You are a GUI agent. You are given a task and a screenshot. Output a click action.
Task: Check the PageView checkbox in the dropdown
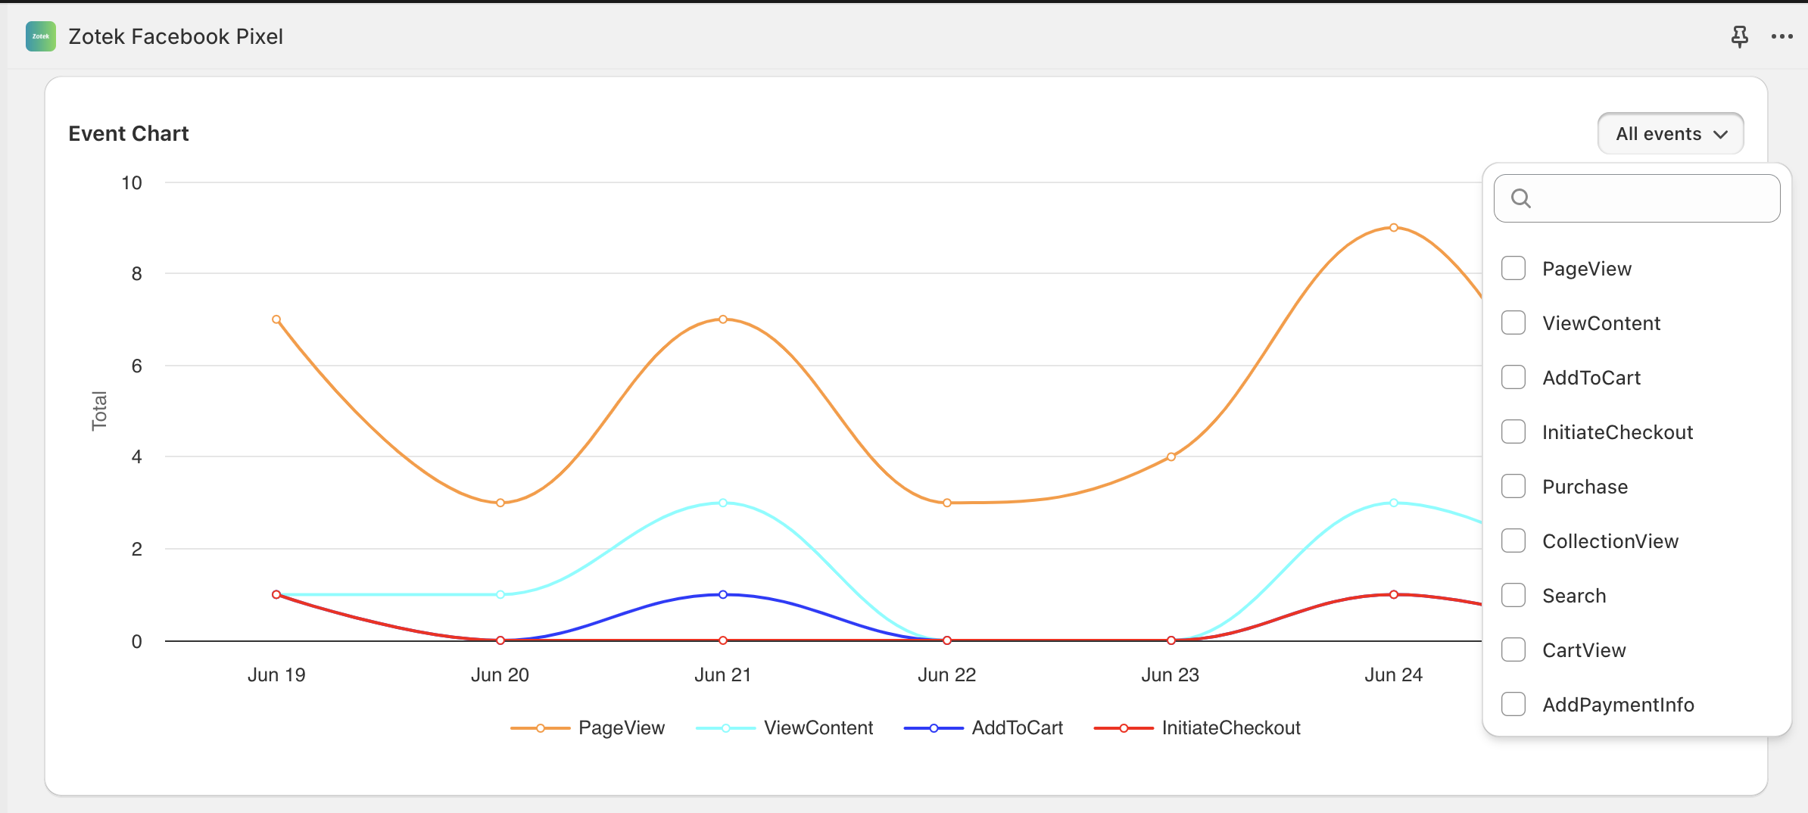1513,268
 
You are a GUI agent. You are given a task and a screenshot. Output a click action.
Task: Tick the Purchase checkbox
1513,486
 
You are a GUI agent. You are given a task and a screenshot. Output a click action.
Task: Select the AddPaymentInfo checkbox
1513,704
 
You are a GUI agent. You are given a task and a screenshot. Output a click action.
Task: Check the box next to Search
1513,595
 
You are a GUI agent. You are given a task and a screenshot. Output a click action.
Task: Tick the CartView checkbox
1513,649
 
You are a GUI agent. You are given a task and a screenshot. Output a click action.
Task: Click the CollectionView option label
1610,541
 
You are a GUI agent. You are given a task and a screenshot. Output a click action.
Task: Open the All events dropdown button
1670,134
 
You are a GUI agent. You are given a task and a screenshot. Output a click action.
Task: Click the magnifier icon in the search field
1520,198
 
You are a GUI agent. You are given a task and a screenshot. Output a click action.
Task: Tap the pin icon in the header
1739,36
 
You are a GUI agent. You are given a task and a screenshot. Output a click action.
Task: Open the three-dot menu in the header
1782,36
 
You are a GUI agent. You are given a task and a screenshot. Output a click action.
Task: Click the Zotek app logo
41,36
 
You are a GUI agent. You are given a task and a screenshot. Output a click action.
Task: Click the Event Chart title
129,134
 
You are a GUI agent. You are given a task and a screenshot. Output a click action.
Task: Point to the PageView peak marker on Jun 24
1393,228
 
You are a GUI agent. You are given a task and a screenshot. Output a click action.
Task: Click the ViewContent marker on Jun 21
723,503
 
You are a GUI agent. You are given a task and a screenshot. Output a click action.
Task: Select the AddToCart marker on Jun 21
723,594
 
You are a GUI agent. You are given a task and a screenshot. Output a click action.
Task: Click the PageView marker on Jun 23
1171,456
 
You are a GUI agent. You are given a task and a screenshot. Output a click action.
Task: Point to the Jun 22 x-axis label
946,674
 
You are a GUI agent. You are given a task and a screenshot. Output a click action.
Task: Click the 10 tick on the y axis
132,182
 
